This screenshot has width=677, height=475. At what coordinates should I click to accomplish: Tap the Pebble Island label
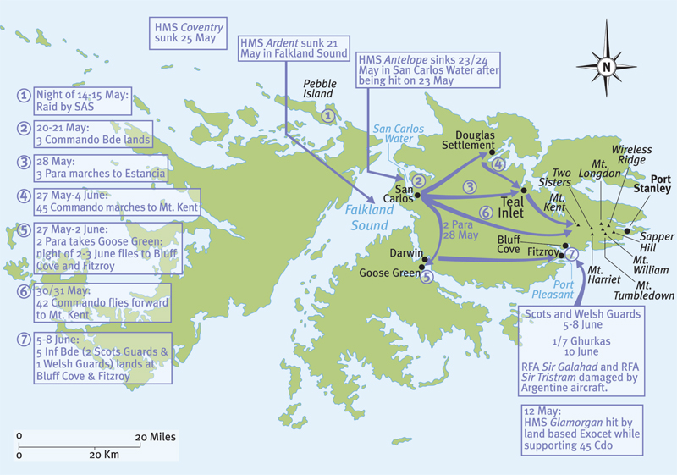coord(319,89)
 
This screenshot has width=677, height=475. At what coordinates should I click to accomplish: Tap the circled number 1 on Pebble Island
coord(328,115)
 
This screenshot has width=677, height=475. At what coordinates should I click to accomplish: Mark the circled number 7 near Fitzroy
coord(572,253)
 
